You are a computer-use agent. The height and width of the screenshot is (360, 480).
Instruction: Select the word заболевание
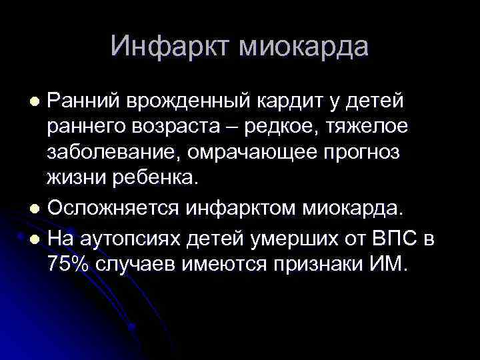tap(115, 153)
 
